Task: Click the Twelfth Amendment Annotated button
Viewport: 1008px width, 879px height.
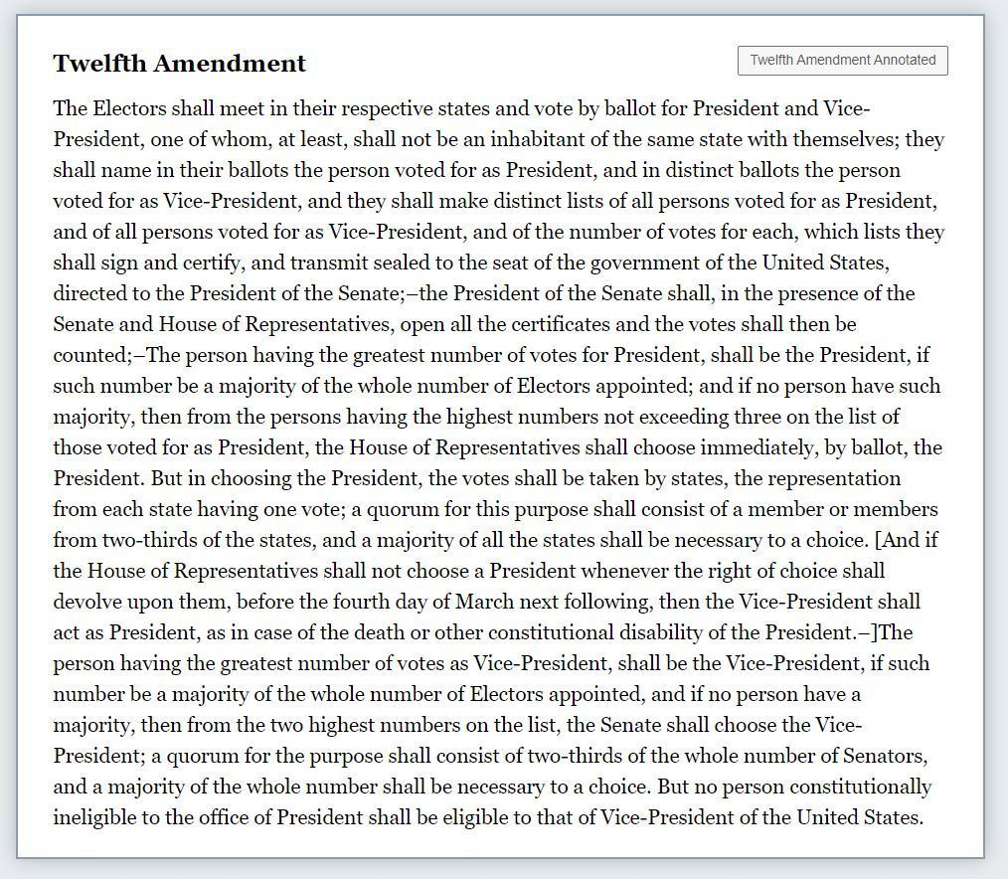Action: click(x=843, y=60)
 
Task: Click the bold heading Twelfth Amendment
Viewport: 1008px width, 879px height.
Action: click(x=179, y=64)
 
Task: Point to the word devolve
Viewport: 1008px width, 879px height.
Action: click(x=88, y=602)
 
